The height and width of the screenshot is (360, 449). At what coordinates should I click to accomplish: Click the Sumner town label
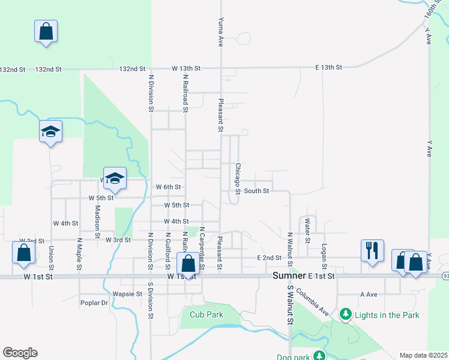pyautogui.click(x=289, y=275)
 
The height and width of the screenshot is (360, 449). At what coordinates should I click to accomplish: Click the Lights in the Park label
pyautogui.click(x=387, y=314)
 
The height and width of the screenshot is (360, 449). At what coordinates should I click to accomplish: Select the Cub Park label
pyautogui.click(x=206, y=314)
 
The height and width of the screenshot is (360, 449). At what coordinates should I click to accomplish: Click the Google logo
pyautogui.click(x=20, y=353)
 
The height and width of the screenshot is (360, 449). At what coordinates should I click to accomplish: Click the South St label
pyautogui.click(x=256, y=191)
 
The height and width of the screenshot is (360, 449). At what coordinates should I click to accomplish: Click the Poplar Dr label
pyautogui.click(x=94, y=303)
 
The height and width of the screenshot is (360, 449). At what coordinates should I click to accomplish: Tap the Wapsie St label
pyautogui.click(x=127, y=295)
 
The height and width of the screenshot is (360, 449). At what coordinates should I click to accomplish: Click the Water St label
pyautogui.click(x=307, y=230)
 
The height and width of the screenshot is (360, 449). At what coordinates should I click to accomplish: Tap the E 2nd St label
pyautogui.click(x=269, y=258)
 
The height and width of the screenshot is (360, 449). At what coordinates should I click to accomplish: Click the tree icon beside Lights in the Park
pyautogui.click(x=346, y=314)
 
